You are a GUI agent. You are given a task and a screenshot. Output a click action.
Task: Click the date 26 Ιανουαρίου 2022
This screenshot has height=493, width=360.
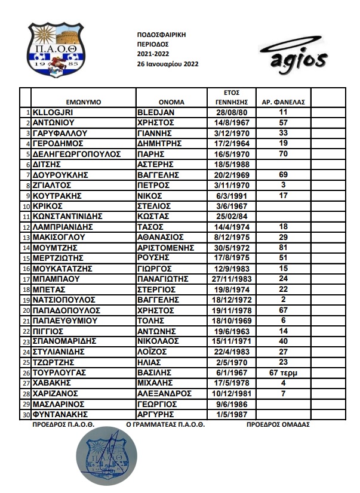pyautogui.click(x=168, y=64)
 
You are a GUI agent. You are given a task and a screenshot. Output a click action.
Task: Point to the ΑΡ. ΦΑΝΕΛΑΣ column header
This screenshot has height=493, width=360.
pyautogui.click(x=284, y=101)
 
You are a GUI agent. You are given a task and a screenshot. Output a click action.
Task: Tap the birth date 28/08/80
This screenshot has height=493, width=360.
pyautogui.click(x=231, y=112)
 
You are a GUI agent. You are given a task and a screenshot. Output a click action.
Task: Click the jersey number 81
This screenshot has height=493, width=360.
pyautogui.click(x=284, y=246)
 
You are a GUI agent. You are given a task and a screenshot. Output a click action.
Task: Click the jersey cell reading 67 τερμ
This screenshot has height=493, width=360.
pyautogui.click(x=284, y=372)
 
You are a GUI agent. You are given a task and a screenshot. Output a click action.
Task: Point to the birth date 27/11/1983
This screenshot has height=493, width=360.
pyautogui.click(x=231, y=278)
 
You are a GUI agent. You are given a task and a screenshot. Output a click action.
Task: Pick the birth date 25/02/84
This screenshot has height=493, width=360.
pyautogui.click(x=231, y=215)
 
